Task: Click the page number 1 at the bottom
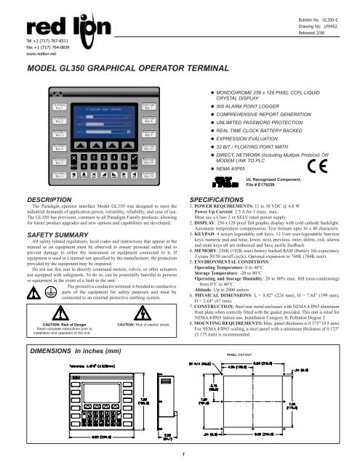click(180, 455)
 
